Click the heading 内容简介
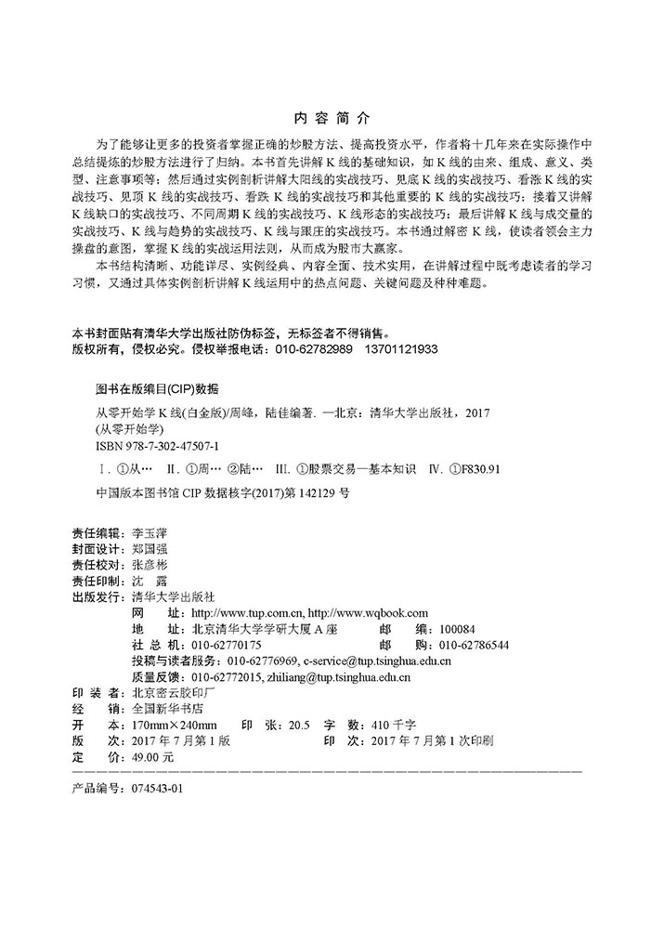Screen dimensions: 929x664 click(x=331, y=119)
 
